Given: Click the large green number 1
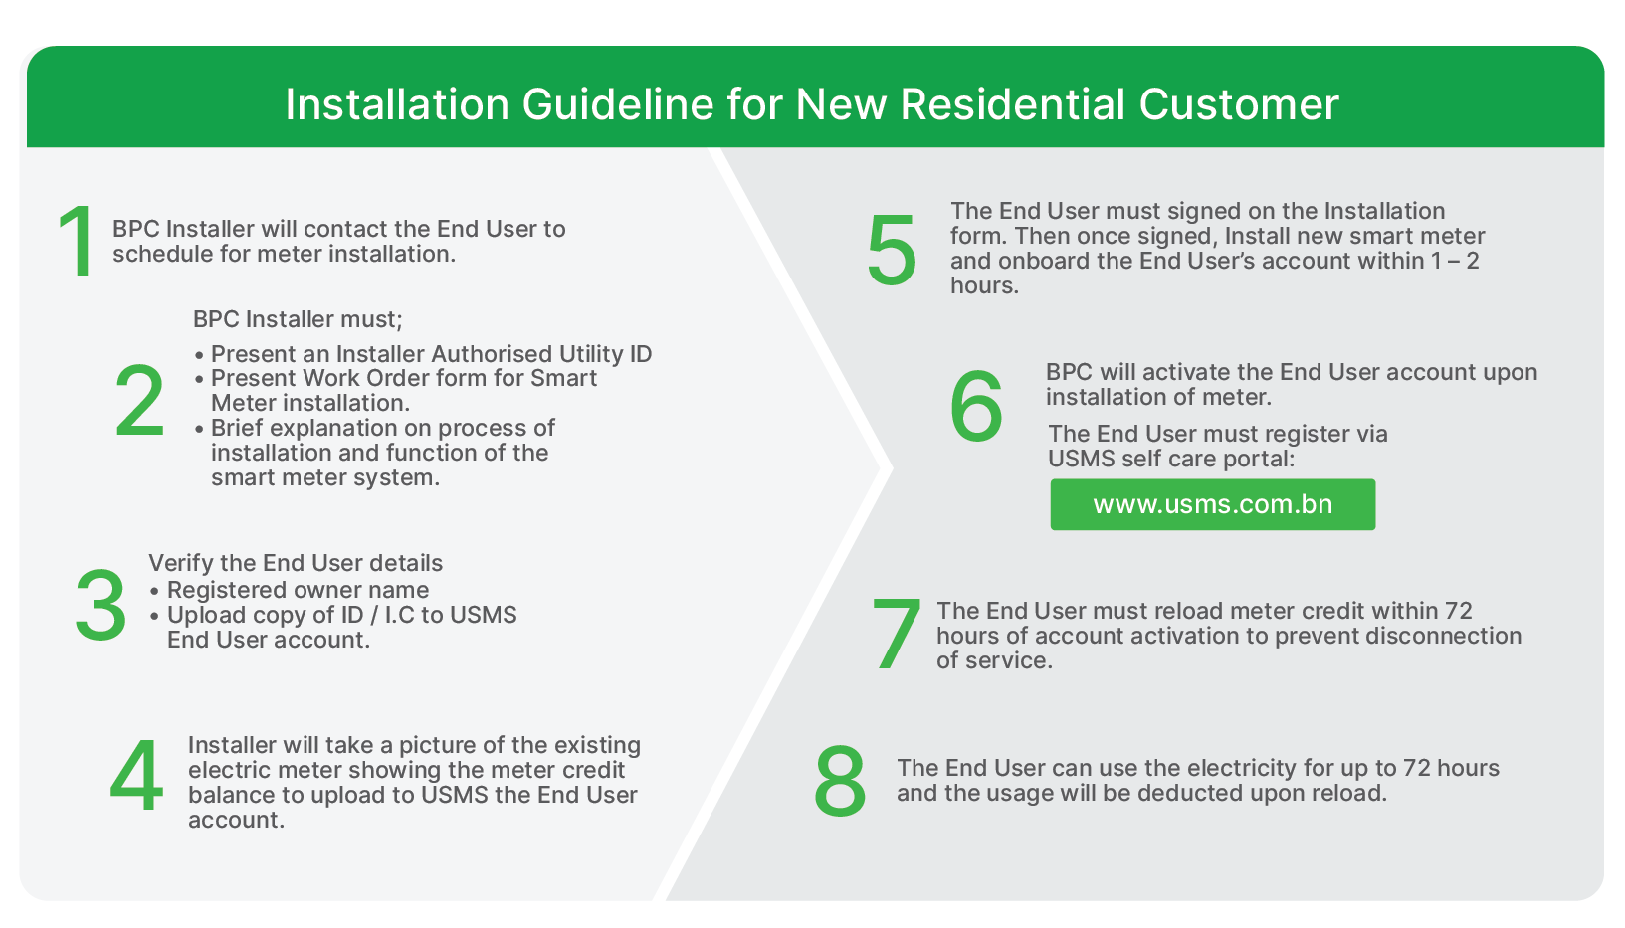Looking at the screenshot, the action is point(77,241).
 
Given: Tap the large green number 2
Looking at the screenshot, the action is point(139,400).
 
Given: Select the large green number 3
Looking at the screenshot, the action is point(101,606).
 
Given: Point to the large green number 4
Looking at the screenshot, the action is point(136,776).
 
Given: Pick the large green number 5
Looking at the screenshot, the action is point(892,250).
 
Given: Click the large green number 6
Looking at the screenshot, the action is point(976,406).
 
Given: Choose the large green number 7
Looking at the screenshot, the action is point(896,635).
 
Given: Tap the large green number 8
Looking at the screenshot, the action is point(839,782).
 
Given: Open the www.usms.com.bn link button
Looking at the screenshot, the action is point(1212,504).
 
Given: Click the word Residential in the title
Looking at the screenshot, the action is point(1013,104).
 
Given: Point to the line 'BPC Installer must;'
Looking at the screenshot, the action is point(298,319).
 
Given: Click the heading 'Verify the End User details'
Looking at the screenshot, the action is point(296,563).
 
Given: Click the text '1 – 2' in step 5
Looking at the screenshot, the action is point(1455,261).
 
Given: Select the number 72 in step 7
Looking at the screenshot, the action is point(1458,611).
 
